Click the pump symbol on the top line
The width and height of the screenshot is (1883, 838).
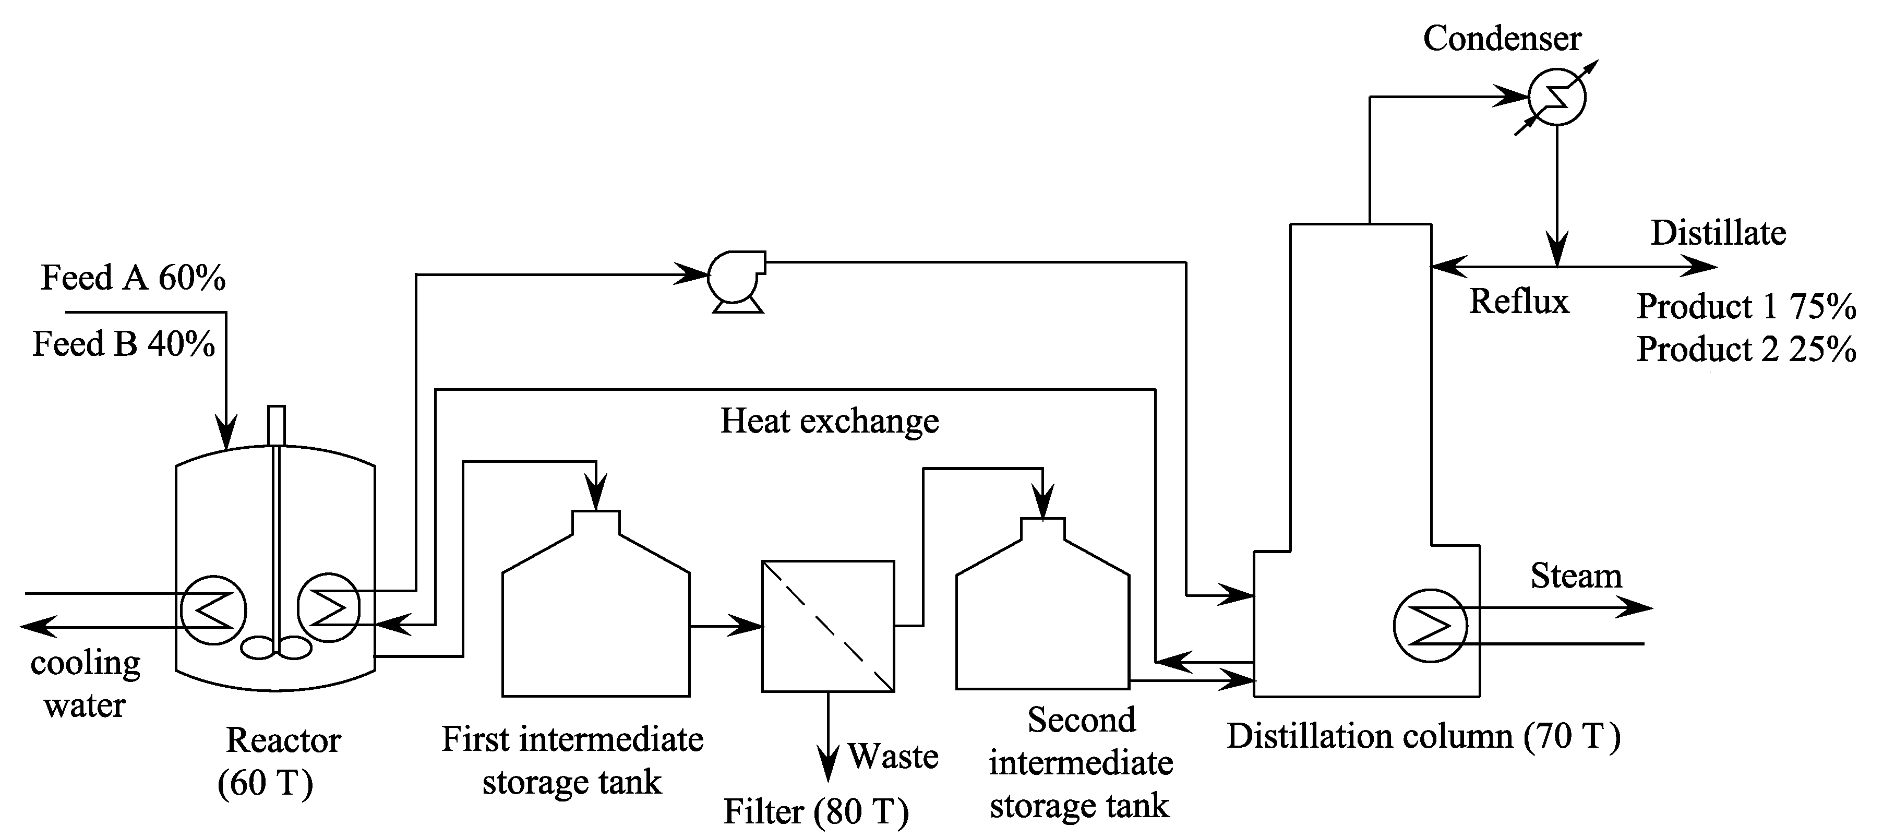[735, 279]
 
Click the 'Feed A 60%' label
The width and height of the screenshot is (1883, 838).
[133, 278]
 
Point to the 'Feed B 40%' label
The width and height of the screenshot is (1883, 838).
[124, 344]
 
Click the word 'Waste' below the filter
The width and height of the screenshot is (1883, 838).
[893, 756]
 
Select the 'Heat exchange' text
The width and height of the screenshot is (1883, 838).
[829, 421]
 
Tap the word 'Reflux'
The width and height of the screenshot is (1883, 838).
[1519, 301]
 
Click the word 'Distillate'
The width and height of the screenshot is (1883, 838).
[1718, 233]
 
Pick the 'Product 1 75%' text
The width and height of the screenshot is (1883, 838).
[1746, 306]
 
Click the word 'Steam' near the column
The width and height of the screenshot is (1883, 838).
[1576, 576]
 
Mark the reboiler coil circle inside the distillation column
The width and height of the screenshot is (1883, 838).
[1430, 626]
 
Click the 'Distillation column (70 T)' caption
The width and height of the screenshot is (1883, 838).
[1423, 736]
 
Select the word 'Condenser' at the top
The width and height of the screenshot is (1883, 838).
[1502, 39]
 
